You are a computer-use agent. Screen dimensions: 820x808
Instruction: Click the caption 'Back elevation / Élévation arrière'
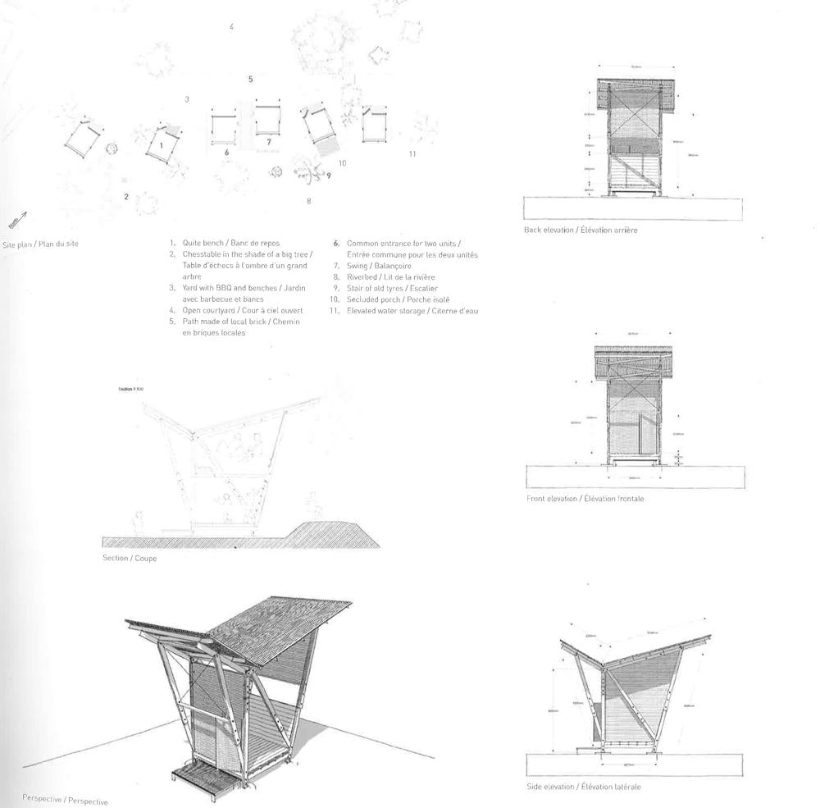pyautogui.click(x=581, y=231)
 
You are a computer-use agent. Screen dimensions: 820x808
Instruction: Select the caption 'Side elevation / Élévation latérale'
pyautogui.click(x=582, y=787)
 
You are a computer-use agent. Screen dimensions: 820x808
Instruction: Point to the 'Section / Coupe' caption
pyautogui.click(x=130, y=559)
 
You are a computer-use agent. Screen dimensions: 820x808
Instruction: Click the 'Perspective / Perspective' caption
pyautogui.click(x=65, y=800)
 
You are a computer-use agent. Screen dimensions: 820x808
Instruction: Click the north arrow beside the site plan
pyautogui.click(x=18, y=219)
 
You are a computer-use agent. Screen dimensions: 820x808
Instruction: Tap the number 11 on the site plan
pyautogui.click(x=412, y=153)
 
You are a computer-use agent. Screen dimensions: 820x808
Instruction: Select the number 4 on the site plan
pyautogui.click(x=232, y=27)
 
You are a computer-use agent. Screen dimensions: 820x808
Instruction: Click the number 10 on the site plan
pyautogui.click(x=342, y=163)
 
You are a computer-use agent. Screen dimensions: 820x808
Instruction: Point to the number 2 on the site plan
pyautogui.click(x=126, y=196)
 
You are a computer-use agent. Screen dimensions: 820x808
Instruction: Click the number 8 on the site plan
pyautogui.click(x=308, y=201)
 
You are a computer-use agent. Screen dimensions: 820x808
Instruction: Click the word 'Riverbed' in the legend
pyautogui.click(x=363, y=278)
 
